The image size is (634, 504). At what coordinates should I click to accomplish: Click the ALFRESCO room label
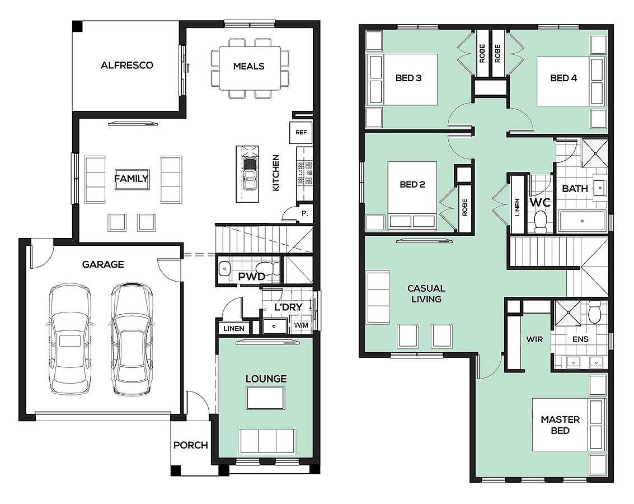tap(127, 65)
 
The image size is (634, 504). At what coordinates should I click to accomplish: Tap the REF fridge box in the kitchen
tap(301, 132)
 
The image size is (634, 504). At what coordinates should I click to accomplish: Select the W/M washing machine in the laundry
tap(301, 325)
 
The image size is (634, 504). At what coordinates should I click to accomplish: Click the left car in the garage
tap(69, 339)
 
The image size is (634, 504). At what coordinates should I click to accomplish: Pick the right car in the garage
tap(132, 339)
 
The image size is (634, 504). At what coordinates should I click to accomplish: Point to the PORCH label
tap(190, 445)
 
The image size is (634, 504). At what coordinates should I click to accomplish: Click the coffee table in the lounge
tap(266, 398)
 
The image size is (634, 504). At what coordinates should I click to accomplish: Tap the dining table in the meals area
tap(250, 68)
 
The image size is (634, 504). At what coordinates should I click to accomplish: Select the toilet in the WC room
tap(541, 222)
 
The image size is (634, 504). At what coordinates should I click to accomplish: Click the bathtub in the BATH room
tap(583, 221)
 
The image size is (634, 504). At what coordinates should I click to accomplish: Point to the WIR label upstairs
tap(534, 339)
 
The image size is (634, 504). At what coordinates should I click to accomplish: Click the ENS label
tap(580, 339)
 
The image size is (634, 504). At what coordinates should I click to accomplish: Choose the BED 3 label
tap(408, 78)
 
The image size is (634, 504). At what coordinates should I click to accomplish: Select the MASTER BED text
tap(560, 425)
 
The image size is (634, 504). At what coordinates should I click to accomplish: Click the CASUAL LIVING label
tap(426, 293)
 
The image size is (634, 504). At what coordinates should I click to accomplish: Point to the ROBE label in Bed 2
tap(464, 207)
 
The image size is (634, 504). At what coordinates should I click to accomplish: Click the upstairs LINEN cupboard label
tap(516, 207)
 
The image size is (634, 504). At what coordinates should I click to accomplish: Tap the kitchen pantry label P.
tap(304, 213)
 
